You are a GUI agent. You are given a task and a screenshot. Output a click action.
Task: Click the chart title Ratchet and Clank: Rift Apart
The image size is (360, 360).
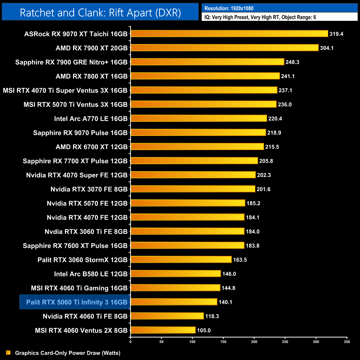(100, 13)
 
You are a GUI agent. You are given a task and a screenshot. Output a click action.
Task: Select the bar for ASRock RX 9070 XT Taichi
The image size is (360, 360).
(229, 34)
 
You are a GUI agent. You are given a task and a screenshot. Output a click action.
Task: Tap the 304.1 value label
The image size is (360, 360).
(327, 48)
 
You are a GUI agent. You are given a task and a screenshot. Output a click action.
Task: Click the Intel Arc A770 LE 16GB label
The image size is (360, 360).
(91, 119)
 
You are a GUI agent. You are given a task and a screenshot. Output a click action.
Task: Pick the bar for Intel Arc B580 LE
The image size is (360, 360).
(176, 274)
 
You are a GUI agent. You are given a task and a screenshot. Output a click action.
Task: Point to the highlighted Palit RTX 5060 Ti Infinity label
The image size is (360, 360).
(76, 302)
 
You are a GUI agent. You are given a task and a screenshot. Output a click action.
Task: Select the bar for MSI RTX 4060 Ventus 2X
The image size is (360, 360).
(163, 330)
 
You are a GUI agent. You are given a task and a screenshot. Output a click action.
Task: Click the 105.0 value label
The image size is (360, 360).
(204, 331)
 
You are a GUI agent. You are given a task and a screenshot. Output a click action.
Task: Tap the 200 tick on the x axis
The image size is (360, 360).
(254, 342)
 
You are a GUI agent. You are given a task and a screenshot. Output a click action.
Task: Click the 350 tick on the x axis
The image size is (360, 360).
(347, 342)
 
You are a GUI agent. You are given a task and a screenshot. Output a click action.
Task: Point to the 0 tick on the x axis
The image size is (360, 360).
(130, 342)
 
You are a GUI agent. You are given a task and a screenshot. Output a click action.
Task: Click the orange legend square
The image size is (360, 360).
(8, 353)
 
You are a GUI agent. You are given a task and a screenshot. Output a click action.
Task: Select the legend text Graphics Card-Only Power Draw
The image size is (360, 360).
(68, 353)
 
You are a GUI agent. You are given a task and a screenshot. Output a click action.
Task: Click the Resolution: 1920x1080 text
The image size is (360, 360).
(229, 8)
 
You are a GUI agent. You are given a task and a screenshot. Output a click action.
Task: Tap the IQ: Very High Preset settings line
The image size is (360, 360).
(260, 17)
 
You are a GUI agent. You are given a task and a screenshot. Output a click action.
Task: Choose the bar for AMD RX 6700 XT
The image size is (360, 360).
(197, 147)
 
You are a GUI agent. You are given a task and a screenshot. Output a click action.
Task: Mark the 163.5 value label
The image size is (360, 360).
(240, 260)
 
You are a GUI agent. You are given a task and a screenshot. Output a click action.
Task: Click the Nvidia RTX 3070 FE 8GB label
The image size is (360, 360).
(89, 189)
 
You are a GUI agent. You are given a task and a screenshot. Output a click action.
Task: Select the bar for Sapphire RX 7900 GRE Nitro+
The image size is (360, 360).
(207, 62)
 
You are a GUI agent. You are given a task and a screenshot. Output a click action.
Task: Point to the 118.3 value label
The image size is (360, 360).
(212, 317)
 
